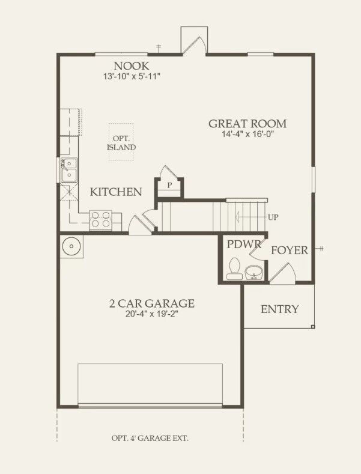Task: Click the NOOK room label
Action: [131, 65]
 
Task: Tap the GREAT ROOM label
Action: [247, 124]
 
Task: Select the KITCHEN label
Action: [116, 192]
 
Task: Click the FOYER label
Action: [290, 250]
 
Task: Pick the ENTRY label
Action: [279, 309]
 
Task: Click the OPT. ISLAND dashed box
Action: [121, 142]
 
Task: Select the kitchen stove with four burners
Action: [100, 220]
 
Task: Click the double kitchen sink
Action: [68, 169]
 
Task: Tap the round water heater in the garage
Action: [71, 246]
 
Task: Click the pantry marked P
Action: [169, 185]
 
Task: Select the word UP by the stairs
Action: [273, 217]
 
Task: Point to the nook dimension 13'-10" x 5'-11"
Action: [131, 76]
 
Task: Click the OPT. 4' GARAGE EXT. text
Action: [150, 438]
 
